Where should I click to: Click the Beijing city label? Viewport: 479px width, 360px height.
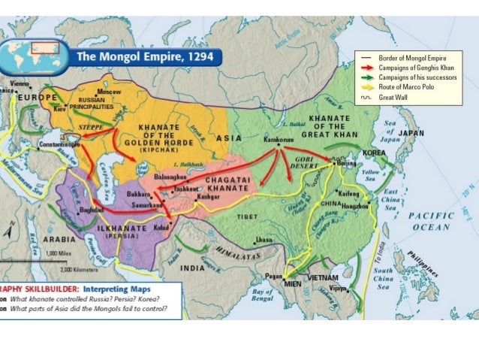(347, 162)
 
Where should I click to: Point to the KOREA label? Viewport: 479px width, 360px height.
(374, 152)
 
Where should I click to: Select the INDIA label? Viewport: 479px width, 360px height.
(193, 268)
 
